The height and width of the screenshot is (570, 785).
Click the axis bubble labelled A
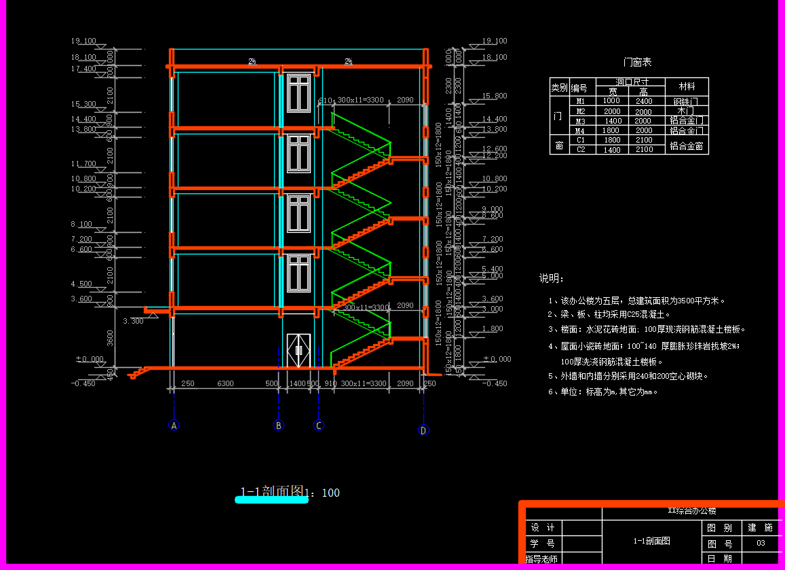point(174,425)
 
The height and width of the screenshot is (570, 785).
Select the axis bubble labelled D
point(423,430)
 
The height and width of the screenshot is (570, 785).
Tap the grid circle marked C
point(319,425)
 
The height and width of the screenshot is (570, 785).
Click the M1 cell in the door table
point(580,101)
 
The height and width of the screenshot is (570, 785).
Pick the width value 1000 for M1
point(612,101)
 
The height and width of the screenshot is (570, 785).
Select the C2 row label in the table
point(580,149)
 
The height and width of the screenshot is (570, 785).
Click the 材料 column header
point(687,87)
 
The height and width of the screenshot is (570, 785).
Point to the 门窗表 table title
point(637,62)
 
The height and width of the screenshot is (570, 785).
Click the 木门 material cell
point(687,111)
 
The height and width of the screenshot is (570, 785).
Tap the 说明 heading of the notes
point(552,279)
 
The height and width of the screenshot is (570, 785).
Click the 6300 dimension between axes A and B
point(225,384)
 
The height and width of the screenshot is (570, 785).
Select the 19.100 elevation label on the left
point(83,41)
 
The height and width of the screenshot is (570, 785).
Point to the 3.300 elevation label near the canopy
point(133,321)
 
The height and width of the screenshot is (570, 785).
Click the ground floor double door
point(299,351)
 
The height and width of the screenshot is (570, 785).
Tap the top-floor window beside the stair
point(299,93)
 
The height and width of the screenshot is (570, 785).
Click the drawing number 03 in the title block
point(761,543)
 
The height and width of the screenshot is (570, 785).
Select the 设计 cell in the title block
point(543,528)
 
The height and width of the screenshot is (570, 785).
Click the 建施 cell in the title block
point(761,527)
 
